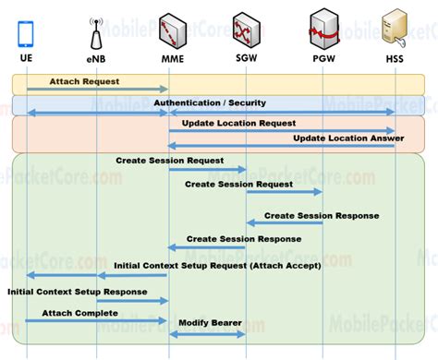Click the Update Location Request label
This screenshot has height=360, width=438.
[238, 122]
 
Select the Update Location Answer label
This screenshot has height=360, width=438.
[336, 138]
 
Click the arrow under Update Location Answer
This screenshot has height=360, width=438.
[281, 146]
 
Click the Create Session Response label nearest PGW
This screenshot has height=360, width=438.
[321, 215]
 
